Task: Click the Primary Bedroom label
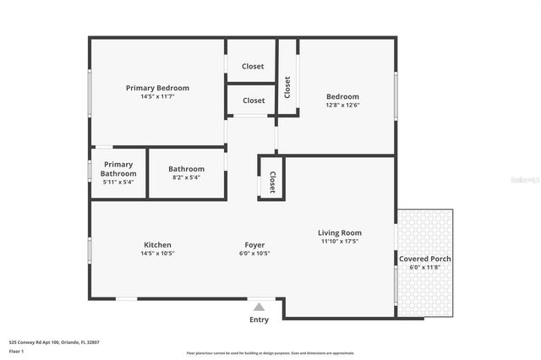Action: tap(157, 88)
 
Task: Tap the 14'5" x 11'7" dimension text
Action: tap(157, 97)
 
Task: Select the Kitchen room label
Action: tap(157, 245)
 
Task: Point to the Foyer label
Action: tap(255, 245)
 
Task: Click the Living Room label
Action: tap(340, 232)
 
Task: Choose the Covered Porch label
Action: tap(425, 259)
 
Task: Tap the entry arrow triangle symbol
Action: tap(259, 307)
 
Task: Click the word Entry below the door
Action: tap(259, 319)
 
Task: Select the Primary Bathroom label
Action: tap(118, 169)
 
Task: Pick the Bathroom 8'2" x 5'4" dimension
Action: tap(186, 177)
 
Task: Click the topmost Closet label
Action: tap(253, 66)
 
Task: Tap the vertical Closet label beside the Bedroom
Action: tap(287, 87)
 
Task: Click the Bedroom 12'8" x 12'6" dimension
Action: tap(343, 106)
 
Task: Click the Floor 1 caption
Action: tap(16, 351)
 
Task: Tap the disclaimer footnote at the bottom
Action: tap(270, 352)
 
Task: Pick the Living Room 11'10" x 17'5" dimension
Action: tap(340, 242)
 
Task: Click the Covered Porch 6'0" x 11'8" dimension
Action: tap(425, 268)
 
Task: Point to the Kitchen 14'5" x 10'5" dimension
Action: tap(157, 254)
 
